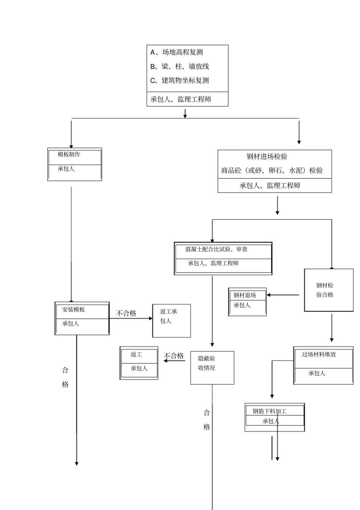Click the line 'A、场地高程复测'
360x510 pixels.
(177, 52)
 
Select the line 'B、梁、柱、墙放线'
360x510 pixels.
(180, 66)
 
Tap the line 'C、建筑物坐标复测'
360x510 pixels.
(180, 80)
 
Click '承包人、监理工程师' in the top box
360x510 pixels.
(181, 99)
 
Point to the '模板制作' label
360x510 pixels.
(69, 154)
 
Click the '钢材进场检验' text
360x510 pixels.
(267, 157)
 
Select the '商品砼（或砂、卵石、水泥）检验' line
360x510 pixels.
(272, 171)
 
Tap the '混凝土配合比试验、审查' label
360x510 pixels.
(216, 250)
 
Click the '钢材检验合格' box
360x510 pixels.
(325, 290)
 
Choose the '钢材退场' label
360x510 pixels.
(244, 295)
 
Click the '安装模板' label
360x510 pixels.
(74, 309)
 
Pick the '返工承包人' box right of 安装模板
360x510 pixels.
(171, 320)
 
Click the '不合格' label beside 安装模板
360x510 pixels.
(126, 313)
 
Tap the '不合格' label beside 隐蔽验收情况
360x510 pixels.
(174, 356)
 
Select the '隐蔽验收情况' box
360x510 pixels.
(212, 367)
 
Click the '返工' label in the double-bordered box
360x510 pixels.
(136, 355)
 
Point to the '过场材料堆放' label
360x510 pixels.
(319, 355)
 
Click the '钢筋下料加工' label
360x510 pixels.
(269, 411)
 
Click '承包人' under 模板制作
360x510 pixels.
(66, 169)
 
